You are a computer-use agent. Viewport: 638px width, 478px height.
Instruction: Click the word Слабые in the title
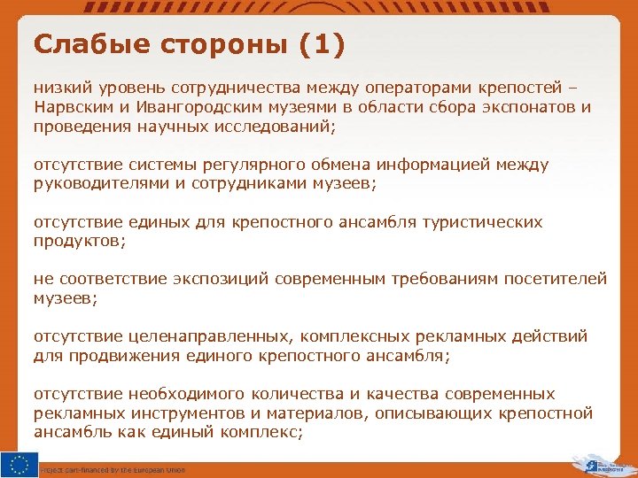coord(77,43)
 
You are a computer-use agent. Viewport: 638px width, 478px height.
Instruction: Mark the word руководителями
coord(97,183)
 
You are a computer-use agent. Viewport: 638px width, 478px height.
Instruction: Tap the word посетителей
coord(556,279)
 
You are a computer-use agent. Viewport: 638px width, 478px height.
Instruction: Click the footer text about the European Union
coord(113,470)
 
